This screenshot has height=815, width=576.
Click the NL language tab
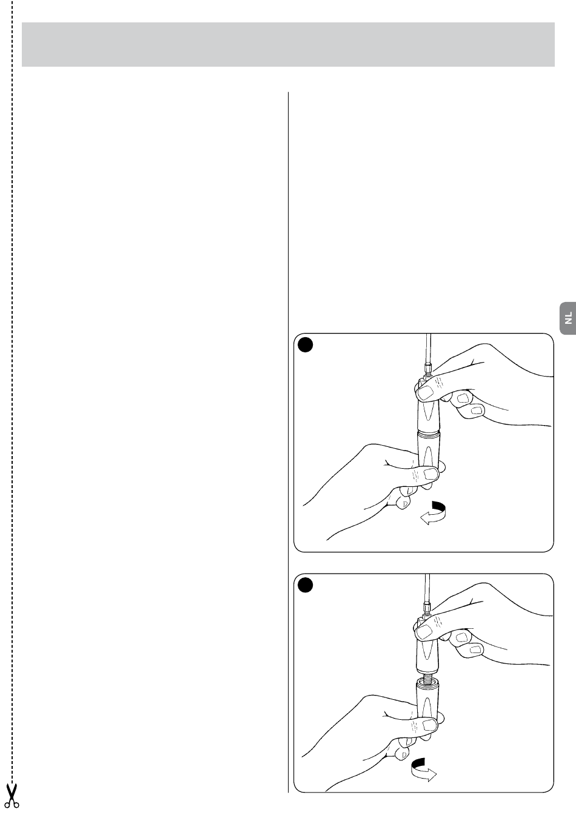568,318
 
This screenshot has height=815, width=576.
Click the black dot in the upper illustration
306,345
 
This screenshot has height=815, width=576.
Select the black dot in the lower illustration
306,585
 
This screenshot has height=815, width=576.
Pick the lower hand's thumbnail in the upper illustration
431,474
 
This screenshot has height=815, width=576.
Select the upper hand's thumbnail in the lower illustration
424,632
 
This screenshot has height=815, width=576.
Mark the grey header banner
288,44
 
